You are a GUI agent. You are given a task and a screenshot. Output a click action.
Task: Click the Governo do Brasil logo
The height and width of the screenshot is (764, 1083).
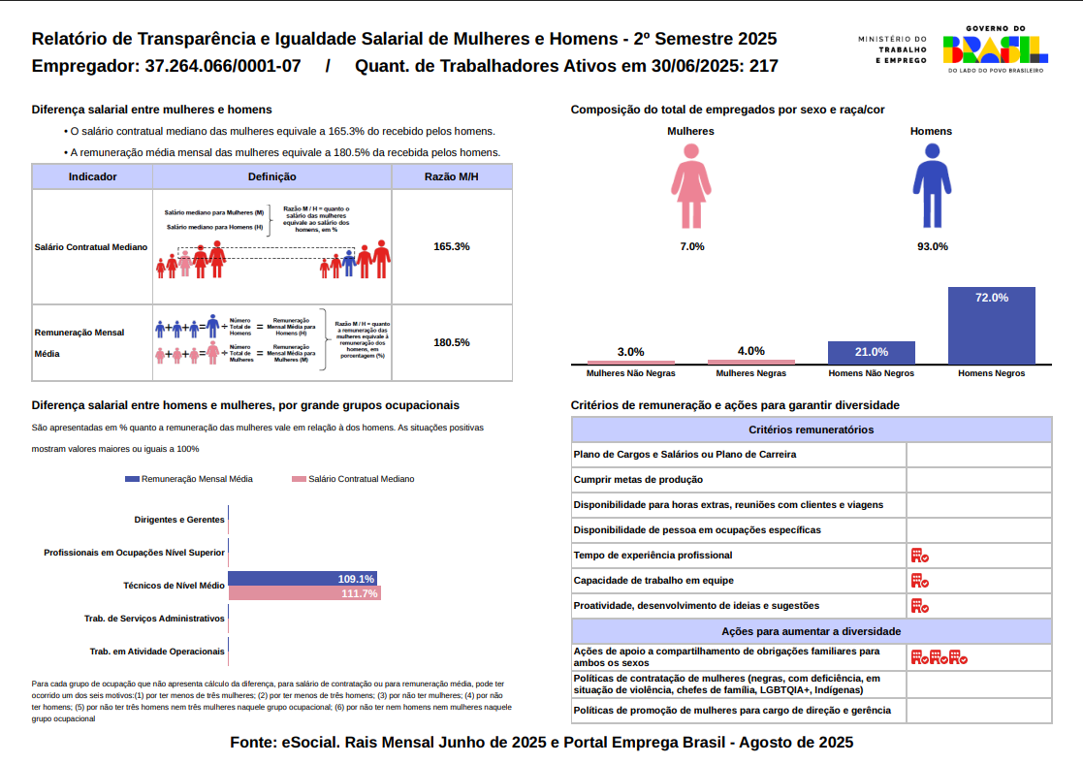point(994,51)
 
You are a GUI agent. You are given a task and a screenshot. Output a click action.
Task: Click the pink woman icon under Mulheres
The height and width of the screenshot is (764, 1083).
point(690,187)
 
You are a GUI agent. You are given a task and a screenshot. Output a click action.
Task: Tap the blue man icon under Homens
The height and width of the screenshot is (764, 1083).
point(932,187)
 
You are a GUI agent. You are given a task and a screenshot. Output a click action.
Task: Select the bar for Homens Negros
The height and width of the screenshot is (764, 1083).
point(991,325)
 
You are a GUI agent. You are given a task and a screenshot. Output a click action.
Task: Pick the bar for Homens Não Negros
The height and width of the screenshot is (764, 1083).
point(871,352)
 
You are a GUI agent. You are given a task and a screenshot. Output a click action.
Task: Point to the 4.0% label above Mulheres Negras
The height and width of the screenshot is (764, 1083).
point(750,351)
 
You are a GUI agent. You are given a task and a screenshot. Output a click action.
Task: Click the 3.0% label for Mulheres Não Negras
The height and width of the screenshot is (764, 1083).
point(630,352)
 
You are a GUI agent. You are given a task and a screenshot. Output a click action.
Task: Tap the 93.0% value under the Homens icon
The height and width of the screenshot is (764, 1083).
point(932,246)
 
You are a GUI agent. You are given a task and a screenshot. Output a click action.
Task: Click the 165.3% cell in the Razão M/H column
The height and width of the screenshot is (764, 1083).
point(452,246)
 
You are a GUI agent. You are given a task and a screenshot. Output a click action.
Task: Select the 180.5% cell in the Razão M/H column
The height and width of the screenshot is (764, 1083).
point(452,342)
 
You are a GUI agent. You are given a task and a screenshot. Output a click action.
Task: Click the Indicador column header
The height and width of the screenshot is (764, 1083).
point(93,177)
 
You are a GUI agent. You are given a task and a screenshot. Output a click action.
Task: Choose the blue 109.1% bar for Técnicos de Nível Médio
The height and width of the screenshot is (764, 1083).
point(302,579)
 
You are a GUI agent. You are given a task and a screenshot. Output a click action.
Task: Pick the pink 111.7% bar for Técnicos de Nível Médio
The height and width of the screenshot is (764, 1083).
point(303,593)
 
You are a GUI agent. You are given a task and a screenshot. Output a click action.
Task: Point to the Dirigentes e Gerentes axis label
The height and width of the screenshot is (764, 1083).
point(179,520)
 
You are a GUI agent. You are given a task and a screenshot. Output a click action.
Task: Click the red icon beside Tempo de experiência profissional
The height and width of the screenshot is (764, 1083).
point(919,556)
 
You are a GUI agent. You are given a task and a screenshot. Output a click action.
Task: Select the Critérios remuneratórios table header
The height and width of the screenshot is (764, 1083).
point(812,430)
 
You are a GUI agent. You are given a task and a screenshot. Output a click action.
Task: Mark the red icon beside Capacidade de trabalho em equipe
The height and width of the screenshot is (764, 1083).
point(919,581)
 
